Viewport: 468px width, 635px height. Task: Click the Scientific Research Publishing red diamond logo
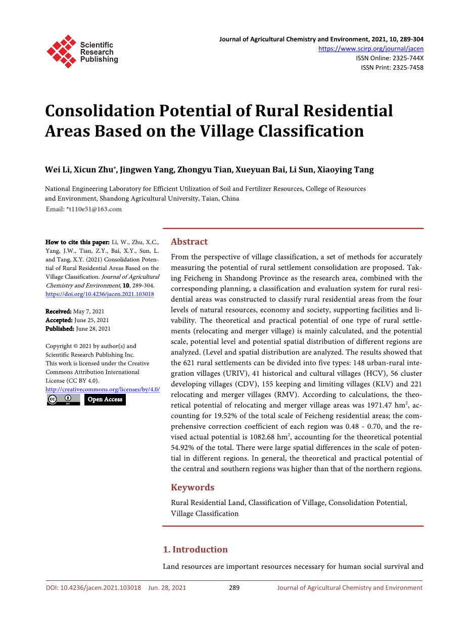tap(61, 52)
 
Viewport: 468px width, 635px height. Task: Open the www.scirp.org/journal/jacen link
tap(371, 49)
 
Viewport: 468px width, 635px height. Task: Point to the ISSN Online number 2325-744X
tap(405, 58)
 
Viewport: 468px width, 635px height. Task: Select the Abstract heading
tap(189, 242)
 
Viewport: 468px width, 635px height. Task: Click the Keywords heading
tap(193, 487)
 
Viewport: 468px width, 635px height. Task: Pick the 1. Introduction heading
tap(195, 550)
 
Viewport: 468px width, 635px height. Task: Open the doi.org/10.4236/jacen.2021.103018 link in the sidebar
tap(100, 294)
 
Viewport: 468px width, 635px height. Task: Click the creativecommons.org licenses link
tap(103, 389)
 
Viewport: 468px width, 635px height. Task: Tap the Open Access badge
tap(105, 399)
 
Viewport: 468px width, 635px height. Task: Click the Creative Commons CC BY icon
tap(63, 399)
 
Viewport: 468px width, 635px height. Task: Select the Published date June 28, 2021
tap(93, 329)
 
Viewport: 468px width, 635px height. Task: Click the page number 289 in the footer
tap(234, 587)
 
